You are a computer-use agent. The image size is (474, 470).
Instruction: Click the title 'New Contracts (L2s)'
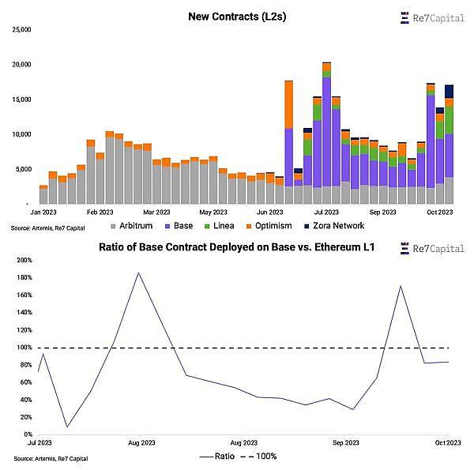click(236, 17)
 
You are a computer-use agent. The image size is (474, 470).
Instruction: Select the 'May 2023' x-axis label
click(213, 212)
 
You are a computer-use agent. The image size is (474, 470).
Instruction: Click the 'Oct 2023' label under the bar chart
click(439, 212)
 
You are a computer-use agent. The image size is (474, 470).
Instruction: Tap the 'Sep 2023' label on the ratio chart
click(345, 443)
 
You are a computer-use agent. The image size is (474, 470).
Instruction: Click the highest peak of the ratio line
click(138, 273)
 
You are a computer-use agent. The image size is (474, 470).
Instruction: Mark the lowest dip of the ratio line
click(66, 427)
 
